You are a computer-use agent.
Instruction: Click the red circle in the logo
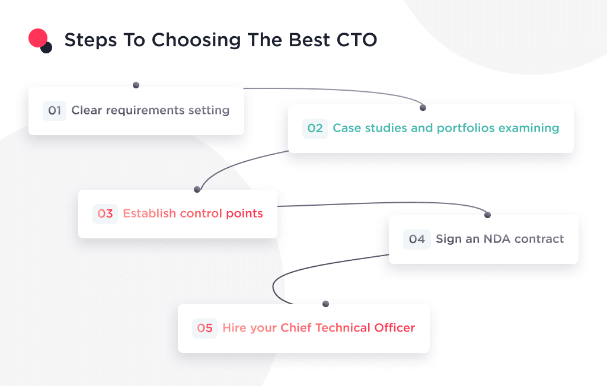tap(37, 38)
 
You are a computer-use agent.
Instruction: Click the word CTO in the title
tap(355, 40)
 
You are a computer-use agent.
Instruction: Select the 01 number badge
tap(55, 111)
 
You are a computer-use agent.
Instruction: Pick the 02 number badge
tap(315, 129)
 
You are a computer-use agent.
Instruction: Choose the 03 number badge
tap(105, 214)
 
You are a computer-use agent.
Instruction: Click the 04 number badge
tap(417, 240)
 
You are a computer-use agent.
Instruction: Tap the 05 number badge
tap(205, 328)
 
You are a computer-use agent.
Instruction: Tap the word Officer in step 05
tap(394, 328)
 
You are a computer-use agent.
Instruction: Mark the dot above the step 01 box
tap(136, 85)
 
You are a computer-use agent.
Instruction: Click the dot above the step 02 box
tap(423, 108)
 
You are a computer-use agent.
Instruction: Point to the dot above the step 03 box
tap(197, 190)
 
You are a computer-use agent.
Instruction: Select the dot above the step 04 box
tap(488, 215)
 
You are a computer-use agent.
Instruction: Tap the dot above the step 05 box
tap(325, 304)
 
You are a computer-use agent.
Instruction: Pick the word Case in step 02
tap(346, 128)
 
